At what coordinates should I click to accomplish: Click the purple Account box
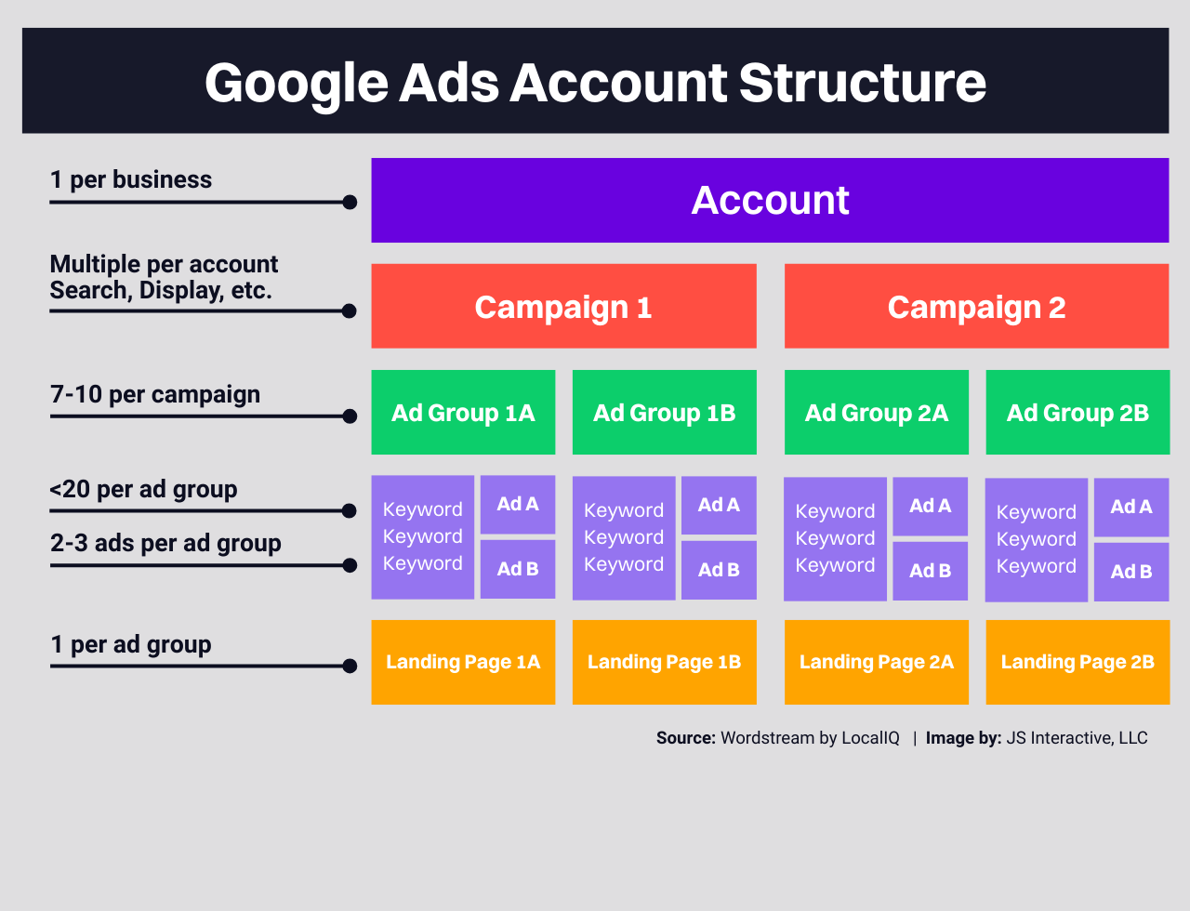(770, 201)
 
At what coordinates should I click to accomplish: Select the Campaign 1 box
(564, 306)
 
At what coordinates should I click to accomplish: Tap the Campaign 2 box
(977, 306)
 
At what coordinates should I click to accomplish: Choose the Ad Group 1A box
(463, 412)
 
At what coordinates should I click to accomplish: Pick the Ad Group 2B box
(1078, 412)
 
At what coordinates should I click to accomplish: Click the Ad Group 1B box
(665, 412)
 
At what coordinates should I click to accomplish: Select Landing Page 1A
(463, 662)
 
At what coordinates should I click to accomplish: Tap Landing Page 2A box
(877, 662)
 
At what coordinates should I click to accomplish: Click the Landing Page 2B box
(1078, 662)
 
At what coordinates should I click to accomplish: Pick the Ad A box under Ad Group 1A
(518, 504)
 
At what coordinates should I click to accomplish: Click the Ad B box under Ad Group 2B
(1131, 572)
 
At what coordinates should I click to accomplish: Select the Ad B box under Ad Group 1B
(719, 571)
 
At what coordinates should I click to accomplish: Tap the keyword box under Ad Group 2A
(835, 539)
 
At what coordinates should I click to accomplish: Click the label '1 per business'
(131, 179)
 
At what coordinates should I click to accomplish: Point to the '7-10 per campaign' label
(155, 394)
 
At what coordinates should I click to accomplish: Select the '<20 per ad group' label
(143, 490)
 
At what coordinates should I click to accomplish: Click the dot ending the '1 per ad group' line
(350, 667)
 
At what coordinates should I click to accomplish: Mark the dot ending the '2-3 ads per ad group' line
(350, 565)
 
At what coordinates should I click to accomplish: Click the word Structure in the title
(863, 84)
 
